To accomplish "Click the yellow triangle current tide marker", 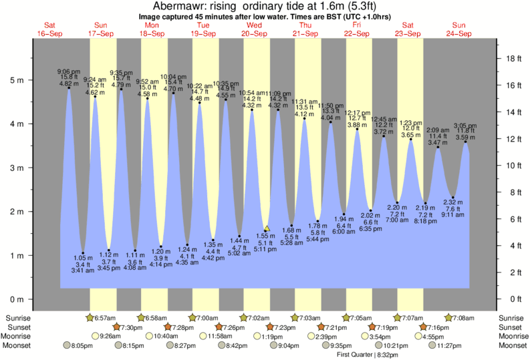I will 267,228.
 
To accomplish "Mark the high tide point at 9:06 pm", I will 69,87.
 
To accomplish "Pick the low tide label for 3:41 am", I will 83,264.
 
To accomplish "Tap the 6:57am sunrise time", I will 103,317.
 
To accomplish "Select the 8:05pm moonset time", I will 83,345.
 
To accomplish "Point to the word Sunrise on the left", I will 17,317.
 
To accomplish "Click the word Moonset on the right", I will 512,345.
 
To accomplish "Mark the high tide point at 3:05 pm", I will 465,142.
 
